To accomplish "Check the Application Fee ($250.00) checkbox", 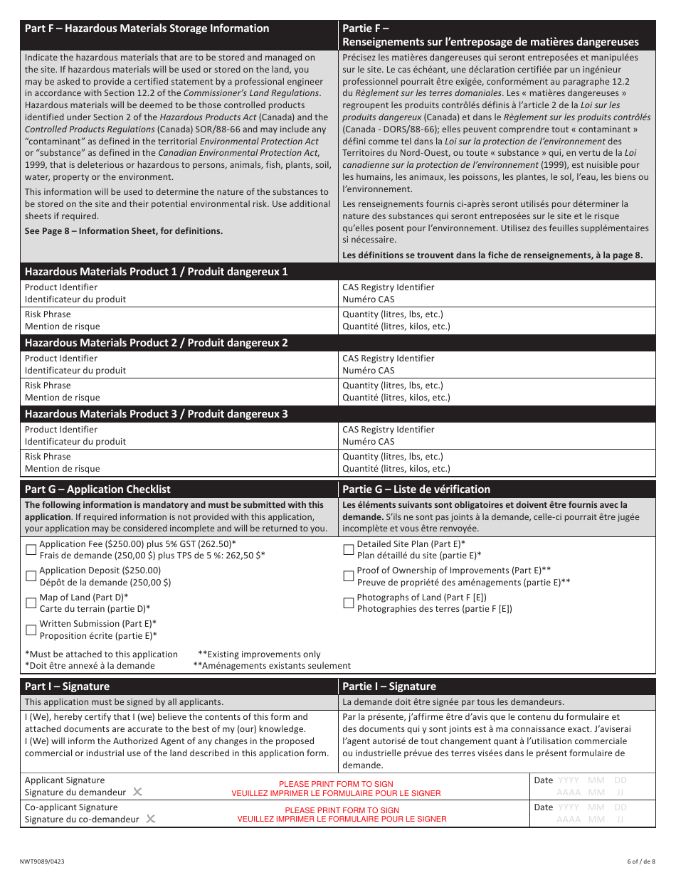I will (31, 549).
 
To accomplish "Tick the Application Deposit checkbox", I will (31, 576).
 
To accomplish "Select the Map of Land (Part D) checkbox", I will (31, 603).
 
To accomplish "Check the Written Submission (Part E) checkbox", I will (31, 630).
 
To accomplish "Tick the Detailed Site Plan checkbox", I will (349, 549).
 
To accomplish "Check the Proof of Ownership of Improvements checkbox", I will (349, 576).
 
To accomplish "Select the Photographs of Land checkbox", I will (349, 603).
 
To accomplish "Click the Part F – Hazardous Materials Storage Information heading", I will (147, 28).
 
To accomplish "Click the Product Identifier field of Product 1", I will (213, 293).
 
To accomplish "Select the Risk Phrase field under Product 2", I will (213, 391).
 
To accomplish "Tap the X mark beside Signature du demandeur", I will (137, 792).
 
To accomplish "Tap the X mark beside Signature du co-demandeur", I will (150, 819).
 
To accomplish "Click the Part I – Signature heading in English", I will (67, 686).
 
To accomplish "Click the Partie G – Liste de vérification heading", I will (416, 489).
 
